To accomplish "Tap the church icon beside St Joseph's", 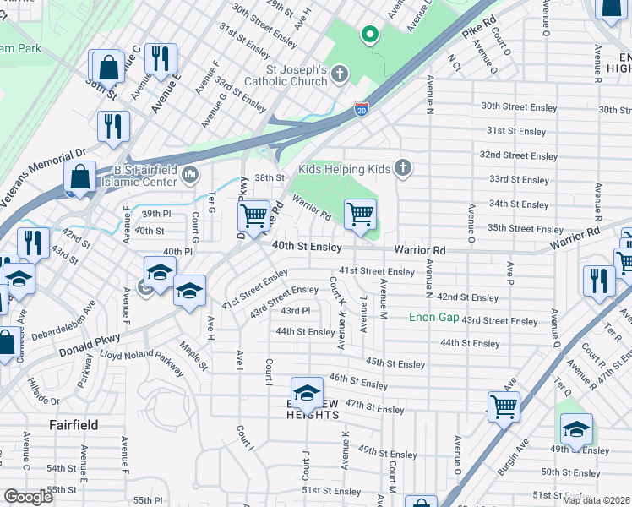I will pyautogui.click(x=340, y=75).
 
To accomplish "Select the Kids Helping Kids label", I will pyautogui.click(x=344, y=169).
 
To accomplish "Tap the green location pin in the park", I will pyautogui.click(x=368, y=35).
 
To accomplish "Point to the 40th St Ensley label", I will pyautogui.click(x=307, y=247).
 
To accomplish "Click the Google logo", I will pyautogui.click(x=28, y=497).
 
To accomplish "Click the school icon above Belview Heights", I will pyautogui.click(x=307, y=392).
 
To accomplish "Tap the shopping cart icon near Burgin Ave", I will pyautogui.click(x=504, y=406).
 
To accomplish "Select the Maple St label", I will pyautogui.click(x=192, y=355).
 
